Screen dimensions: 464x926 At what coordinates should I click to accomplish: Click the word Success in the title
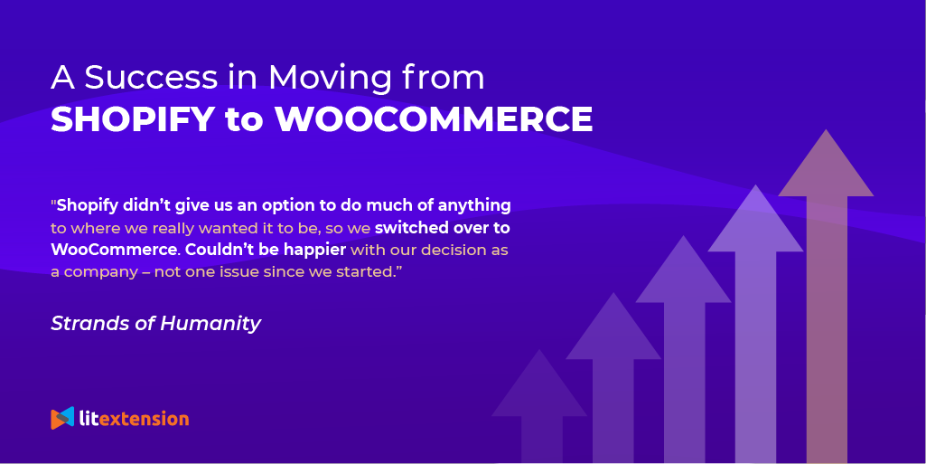click(x=138, y=78)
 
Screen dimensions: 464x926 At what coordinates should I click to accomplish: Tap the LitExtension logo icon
click(x=62, y=418)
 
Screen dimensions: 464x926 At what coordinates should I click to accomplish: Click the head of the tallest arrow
click(x=826, y=167)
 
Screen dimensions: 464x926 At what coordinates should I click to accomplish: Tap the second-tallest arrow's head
click(x=755, y=222)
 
